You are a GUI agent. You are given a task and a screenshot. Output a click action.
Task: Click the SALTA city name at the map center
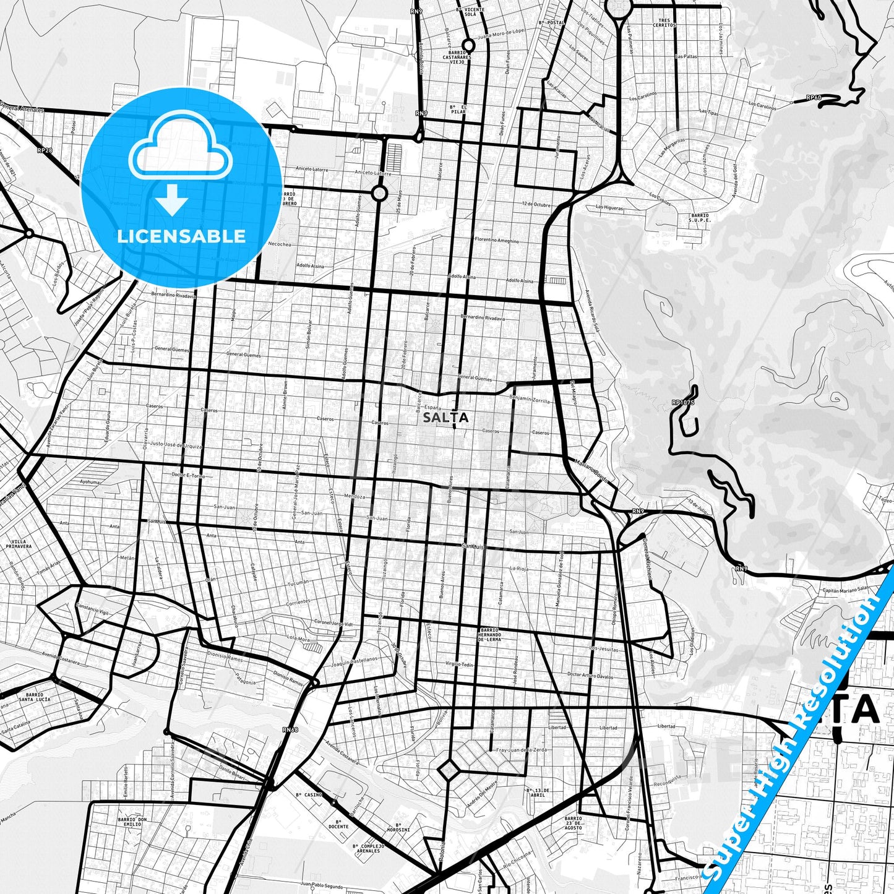click(445, 418)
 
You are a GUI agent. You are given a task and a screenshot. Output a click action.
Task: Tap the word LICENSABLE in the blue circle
click(181, 236)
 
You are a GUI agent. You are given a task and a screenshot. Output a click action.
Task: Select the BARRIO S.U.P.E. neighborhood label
click(700, 218)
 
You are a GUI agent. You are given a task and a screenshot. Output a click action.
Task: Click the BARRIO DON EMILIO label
click(132, 822)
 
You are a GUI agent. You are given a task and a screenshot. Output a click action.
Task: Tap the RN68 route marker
click(290, 730)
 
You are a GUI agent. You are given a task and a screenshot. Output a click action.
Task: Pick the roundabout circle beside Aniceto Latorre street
click(380, 194)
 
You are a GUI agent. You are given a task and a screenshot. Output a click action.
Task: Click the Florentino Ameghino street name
click(496, 240)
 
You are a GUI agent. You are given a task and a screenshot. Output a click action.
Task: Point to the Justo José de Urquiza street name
click(176, 444)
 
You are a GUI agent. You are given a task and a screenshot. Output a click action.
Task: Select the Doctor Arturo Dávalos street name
click(590, 676)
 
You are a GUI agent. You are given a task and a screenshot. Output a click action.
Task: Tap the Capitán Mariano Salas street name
click(845, 590)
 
